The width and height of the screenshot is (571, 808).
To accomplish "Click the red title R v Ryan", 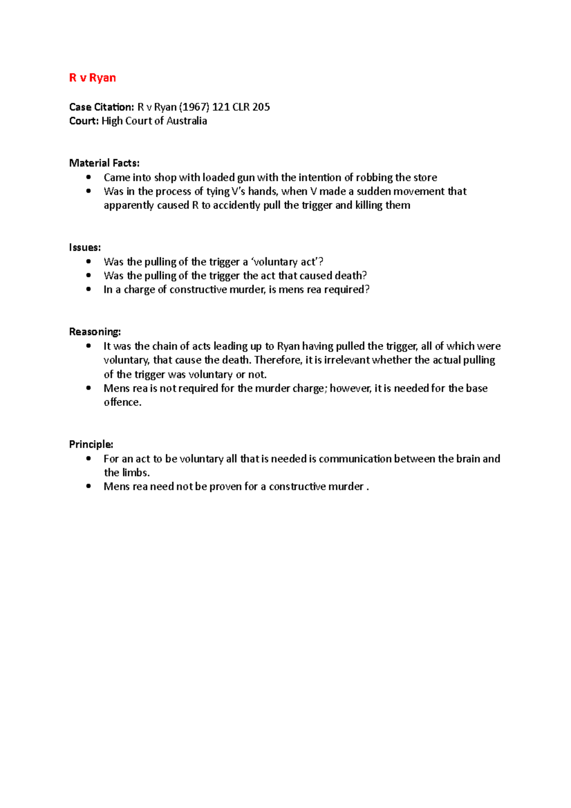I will coord(92,78).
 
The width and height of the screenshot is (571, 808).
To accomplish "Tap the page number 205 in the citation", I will coord(261,107).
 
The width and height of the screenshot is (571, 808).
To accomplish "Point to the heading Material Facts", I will coord(104,163).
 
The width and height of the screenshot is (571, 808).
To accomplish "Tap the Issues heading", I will coord(85,247).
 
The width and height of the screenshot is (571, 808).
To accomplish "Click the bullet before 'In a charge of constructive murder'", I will coord(89,289).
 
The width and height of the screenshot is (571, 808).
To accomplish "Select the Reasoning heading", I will coord(95,332).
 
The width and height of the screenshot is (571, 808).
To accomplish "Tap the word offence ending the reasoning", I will coord(122,402).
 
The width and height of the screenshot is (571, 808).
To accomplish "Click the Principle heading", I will coord(91,444).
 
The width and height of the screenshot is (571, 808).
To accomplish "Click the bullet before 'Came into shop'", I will coord(89,177).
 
